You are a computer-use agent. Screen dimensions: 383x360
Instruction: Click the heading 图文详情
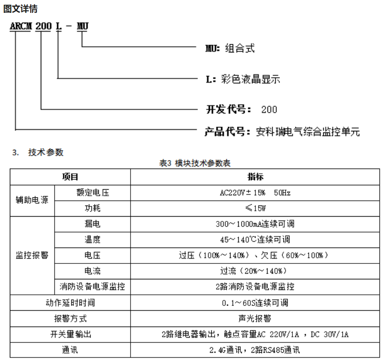pyautogui.click(x=20, y=8)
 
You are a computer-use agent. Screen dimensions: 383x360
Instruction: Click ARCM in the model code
pyautogui.click(x=21, y=27)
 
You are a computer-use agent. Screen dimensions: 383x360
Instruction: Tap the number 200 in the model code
pyautogui.click(x=43, y=27)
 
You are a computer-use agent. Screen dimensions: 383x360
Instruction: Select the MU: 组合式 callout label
pyautogui.click(x=230, y=48)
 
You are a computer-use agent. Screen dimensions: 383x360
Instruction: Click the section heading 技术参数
pyautogui.click(x=46, y=152)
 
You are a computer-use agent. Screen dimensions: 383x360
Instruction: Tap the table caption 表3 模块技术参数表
pyautogui.click(x=195, y=163)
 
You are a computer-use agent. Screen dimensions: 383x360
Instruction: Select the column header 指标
pyautogui.click(x=255, y=177)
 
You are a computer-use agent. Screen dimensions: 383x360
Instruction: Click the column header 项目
pyautogui.click(x=70, y=177)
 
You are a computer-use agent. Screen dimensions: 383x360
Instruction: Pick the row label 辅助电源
pyautogui.click(x=32, y=200)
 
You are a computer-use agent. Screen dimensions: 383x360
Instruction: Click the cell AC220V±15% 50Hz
pyautogui.click(x=255, y=193)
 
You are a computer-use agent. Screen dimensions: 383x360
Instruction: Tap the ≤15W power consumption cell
pyautogui.click(x=255, y=209)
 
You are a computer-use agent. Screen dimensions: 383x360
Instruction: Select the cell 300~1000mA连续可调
pyautogui.click(x=255, y=224)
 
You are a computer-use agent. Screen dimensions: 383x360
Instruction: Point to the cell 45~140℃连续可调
pyautogui.click(x=255, y=239)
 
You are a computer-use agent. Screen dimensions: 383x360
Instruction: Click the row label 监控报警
pyautogui.click(x=32, y=255)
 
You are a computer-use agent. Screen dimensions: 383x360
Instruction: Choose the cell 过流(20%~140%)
pyautogui.click(x=255, y=271)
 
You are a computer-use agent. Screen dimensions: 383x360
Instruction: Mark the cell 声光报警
pyautogui.click(x=255, y=318)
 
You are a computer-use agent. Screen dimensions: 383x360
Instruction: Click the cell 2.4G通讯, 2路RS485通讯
pyautogui.click(x=255, y=350)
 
